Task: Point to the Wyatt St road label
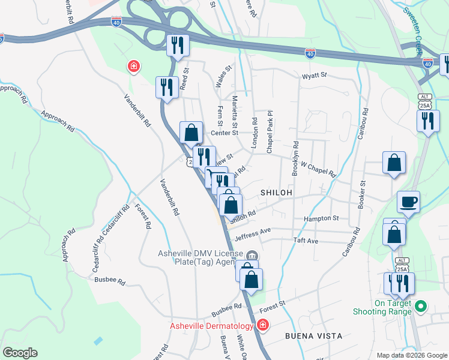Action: click(x=315, y=76)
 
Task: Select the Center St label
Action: click(x=224, y=133)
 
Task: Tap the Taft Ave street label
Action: click(x=306, y=241)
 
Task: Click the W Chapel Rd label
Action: click(x=318, y=168)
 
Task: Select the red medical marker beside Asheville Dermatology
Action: click(x=262, y=325)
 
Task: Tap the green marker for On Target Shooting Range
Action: click(x=421, y=307)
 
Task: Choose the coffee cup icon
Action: click(x=408, y=202)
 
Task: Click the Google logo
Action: click(x=19, y=353)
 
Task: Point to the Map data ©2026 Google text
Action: click(x=411, y=355)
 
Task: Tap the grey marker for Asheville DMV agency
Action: click(x=252, y=256)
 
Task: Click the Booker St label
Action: click(x=362, y=194)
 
